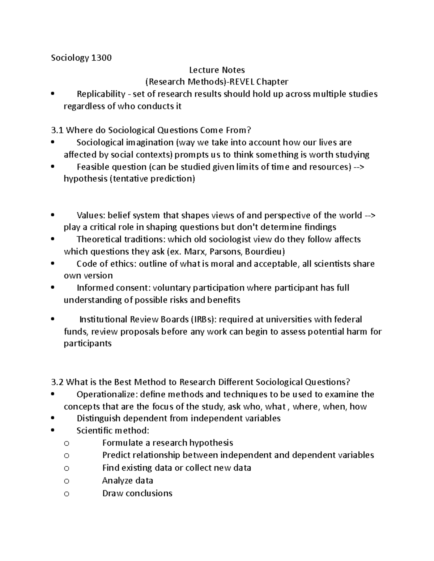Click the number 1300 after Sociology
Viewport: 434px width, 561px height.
[101, 58]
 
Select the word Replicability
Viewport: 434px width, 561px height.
[101, 94]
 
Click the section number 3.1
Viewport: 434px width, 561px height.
[57, 130]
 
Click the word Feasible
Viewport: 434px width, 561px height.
[93, 167]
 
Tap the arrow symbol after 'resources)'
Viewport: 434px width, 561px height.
[359, 167]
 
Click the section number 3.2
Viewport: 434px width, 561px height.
[58, 382]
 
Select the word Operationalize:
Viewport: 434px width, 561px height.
[107, 394]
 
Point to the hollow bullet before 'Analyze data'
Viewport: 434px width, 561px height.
[66, 481]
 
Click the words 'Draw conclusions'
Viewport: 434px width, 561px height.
[137, 493]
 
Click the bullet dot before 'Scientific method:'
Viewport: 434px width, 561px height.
[53, 431]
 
